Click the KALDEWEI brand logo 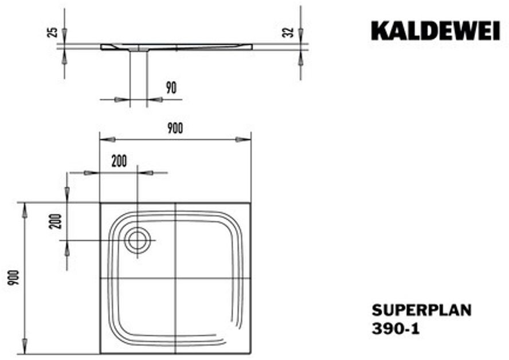(x=435, y=31)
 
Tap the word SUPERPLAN (x=421, y=310)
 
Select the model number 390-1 (x=396, y=329)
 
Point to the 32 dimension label (x=288, y=32)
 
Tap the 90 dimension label (x=171, y=88)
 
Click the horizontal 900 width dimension (x=175, y=128)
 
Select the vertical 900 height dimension (x=14, y=277)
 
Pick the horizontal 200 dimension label (x=119, y=161)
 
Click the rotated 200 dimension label (x=55, y=221)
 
